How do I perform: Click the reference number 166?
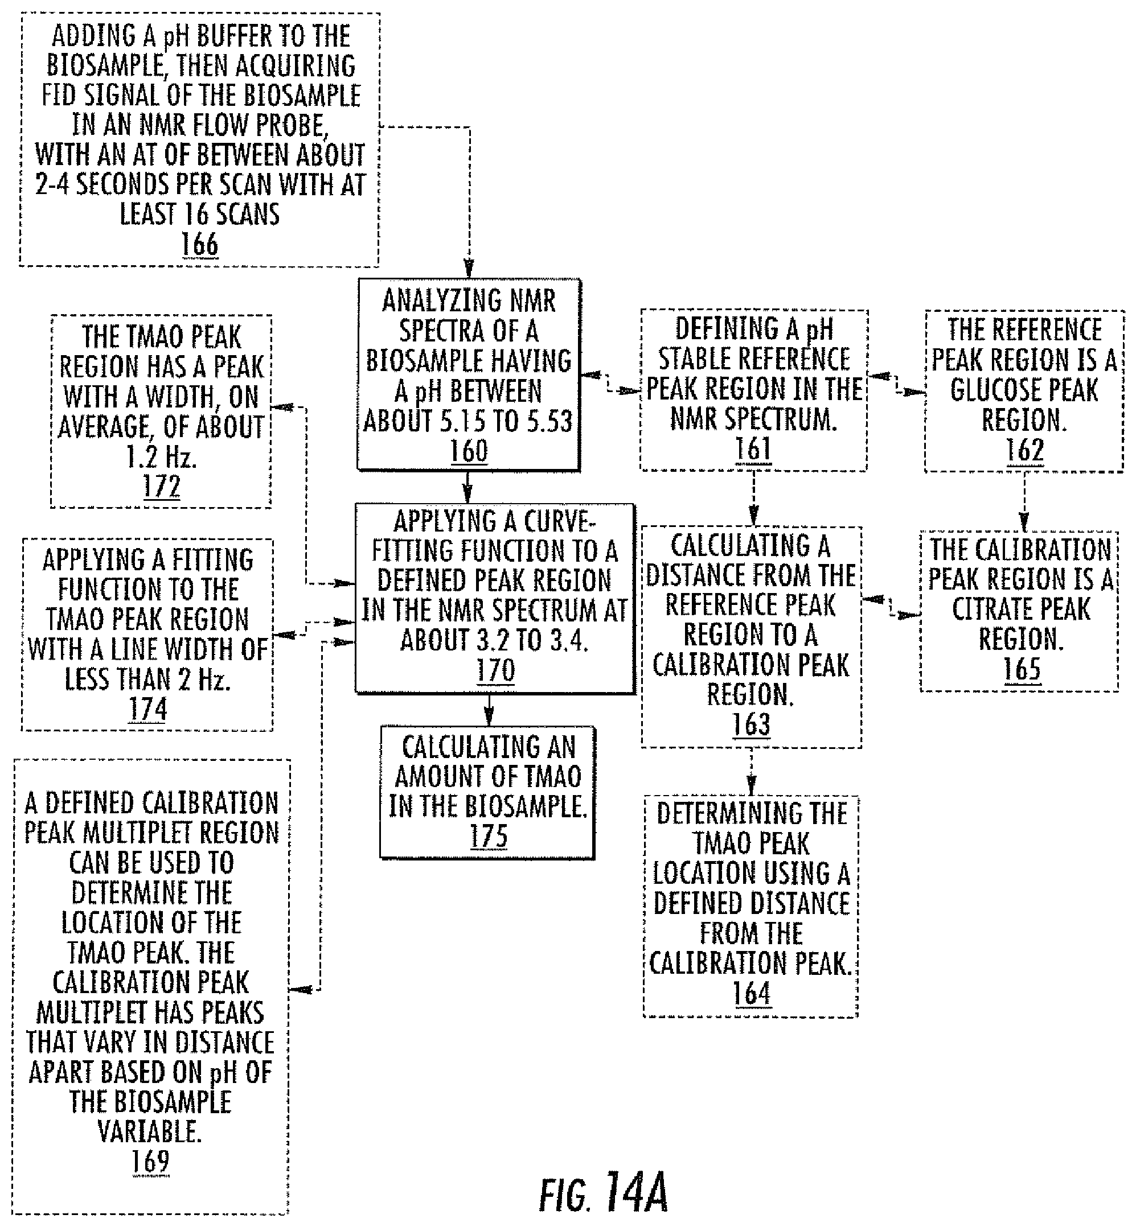click(200, 244)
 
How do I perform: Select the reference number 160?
click(469, 450)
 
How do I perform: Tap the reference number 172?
click(162, 486)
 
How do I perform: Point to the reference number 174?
click(148, 709)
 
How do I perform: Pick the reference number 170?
click(495, 670)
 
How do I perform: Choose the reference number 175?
click(489, 835)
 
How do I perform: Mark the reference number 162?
click(1025, 450)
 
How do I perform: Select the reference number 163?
click(751, 724)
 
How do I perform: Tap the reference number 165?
click(1022, 669)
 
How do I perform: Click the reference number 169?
click(150, 1160)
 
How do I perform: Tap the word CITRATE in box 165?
click(1021, 609)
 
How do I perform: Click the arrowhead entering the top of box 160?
click(469, 270)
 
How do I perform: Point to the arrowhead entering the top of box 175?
click(489, 717)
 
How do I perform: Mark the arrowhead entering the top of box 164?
click(751, 787)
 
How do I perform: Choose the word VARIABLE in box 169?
click(149, 1130)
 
